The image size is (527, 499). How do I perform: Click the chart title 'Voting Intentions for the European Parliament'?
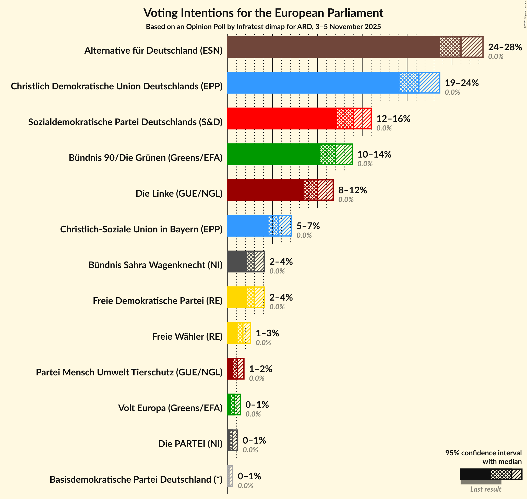(x=263, y=13)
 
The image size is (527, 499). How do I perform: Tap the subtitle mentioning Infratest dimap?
(x=263, y=27)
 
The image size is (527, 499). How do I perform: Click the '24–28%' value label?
(x=505, y=47)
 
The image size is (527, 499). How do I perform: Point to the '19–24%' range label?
(x=462, y=83)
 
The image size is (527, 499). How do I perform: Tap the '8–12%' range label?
(x=352, y=190)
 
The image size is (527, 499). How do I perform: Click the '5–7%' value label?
(x=308, y=226)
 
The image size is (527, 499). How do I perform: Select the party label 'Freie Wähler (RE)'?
(x=187, y=337)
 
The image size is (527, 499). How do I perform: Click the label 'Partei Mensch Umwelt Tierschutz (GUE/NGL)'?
(x=129, y=372)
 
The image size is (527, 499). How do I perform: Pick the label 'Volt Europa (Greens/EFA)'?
(x=170, y=408)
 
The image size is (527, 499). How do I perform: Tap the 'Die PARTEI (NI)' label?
(x=190, y=444)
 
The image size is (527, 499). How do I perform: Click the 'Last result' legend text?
(x=485, y=489)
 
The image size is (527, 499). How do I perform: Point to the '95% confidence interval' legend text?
(x=483, y=453)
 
